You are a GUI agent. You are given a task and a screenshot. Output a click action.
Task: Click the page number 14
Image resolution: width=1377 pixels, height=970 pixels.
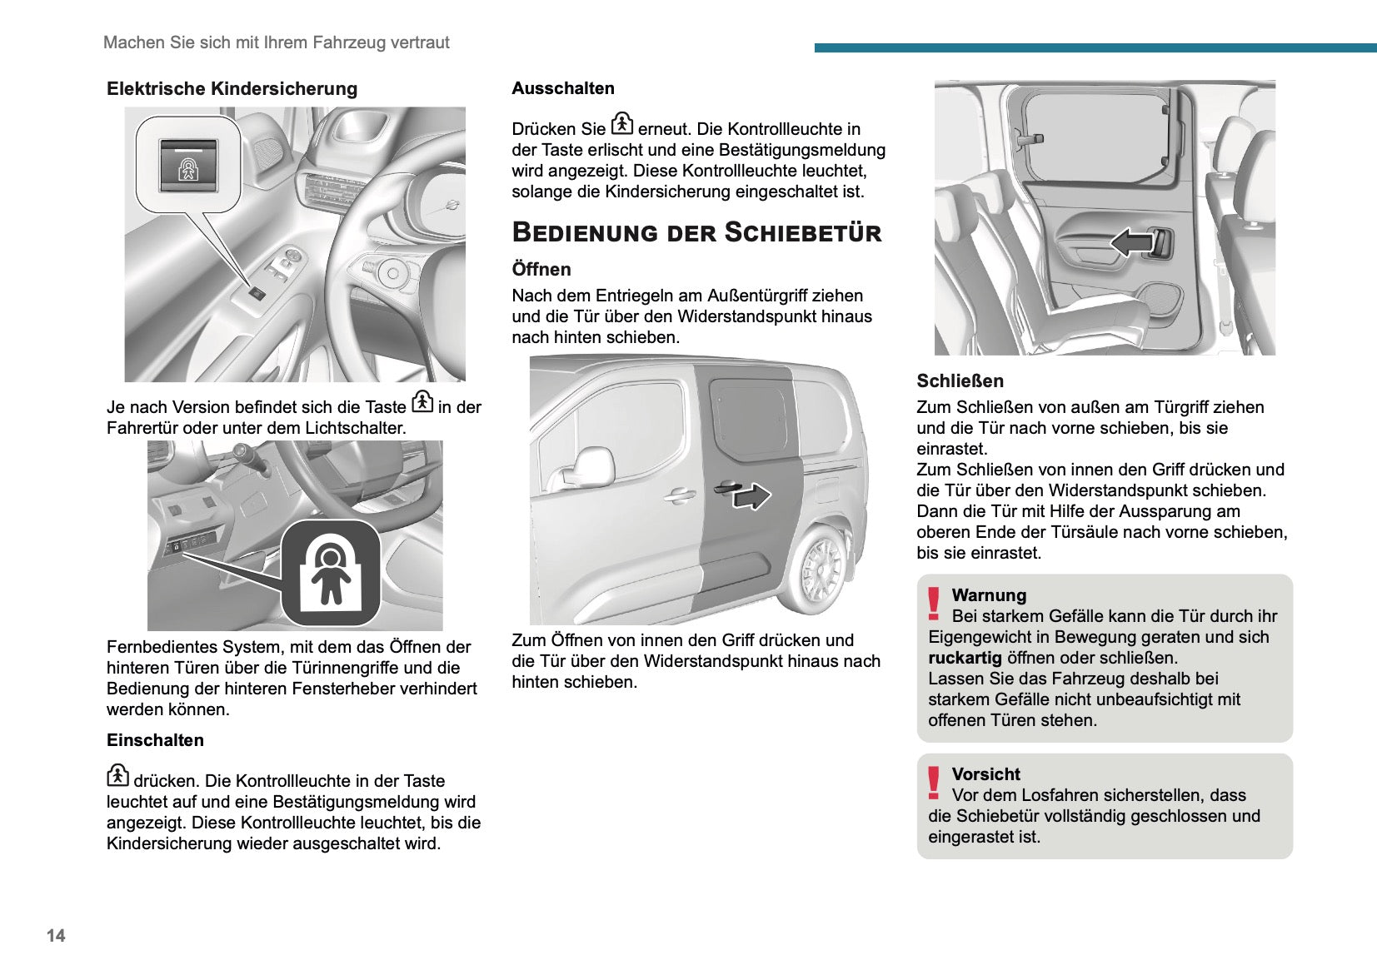(x=56, y=935)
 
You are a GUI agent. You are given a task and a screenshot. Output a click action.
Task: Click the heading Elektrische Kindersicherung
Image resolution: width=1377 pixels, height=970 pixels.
(x=232, y=89)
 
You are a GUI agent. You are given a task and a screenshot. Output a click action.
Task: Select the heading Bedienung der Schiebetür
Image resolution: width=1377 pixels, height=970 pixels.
(x=696, y=232)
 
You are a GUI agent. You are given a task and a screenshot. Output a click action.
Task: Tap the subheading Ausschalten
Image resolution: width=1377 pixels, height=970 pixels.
(x=563, y=88)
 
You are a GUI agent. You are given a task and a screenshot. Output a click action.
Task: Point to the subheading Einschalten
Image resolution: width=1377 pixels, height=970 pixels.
(x=155, y=740)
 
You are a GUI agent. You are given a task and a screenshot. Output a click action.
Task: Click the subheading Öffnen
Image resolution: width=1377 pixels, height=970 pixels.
(x=541, y=270)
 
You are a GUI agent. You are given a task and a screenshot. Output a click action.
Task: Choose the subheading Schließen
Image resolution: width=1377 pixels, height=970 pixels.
(x=960, y=381)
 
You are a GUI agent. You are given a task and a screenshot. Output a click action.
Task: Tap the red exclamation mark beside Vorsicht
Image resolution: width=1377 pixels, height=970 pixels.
(x=934, y=782)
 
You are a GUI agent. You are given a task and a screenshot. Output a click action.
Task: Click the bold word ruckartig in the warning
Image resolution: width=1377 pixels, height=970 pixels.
(x=965, y=658)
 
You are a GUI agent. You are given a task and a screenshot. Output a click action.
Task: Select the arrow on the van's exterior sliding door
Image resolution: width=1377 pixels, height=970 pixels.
(x=751, y=495)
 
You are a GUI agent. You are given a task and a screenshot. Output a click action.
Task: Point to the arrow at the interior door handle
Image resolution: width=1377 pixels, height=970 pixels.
(x=1131, y=242)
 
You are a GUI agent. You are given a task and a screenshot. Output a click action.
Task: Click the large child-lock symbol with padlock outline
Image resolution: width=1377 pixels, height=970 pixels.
(x=331, y=574)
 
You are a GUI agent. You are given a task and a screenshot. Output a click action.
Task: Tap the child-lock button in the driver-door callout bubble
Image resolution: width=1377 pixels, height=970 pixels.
(x=188, y=167)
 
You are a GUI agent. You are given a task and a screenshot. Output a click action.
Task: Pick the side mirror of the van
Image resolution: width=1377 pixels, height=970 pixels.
(x=593, y=467)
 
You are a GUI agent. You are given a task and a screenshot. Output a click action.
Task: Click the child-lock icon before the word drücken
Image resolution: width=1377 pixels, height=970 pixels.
(x=117, y=775)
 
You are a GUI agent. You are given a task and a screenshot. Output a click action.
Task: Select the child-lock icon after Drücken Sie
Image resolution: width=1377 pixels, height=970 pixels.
(x=622, y=123)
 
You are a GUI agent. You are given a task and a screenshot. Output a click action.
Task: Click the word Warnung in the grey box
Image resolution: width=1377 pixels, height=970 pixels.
(x=989, y=595)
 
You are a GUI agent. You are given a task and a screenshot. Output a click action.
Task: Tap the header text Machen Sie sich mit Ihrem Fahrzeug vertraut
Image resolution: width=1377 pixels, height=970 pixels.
(x=276, y=42)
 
